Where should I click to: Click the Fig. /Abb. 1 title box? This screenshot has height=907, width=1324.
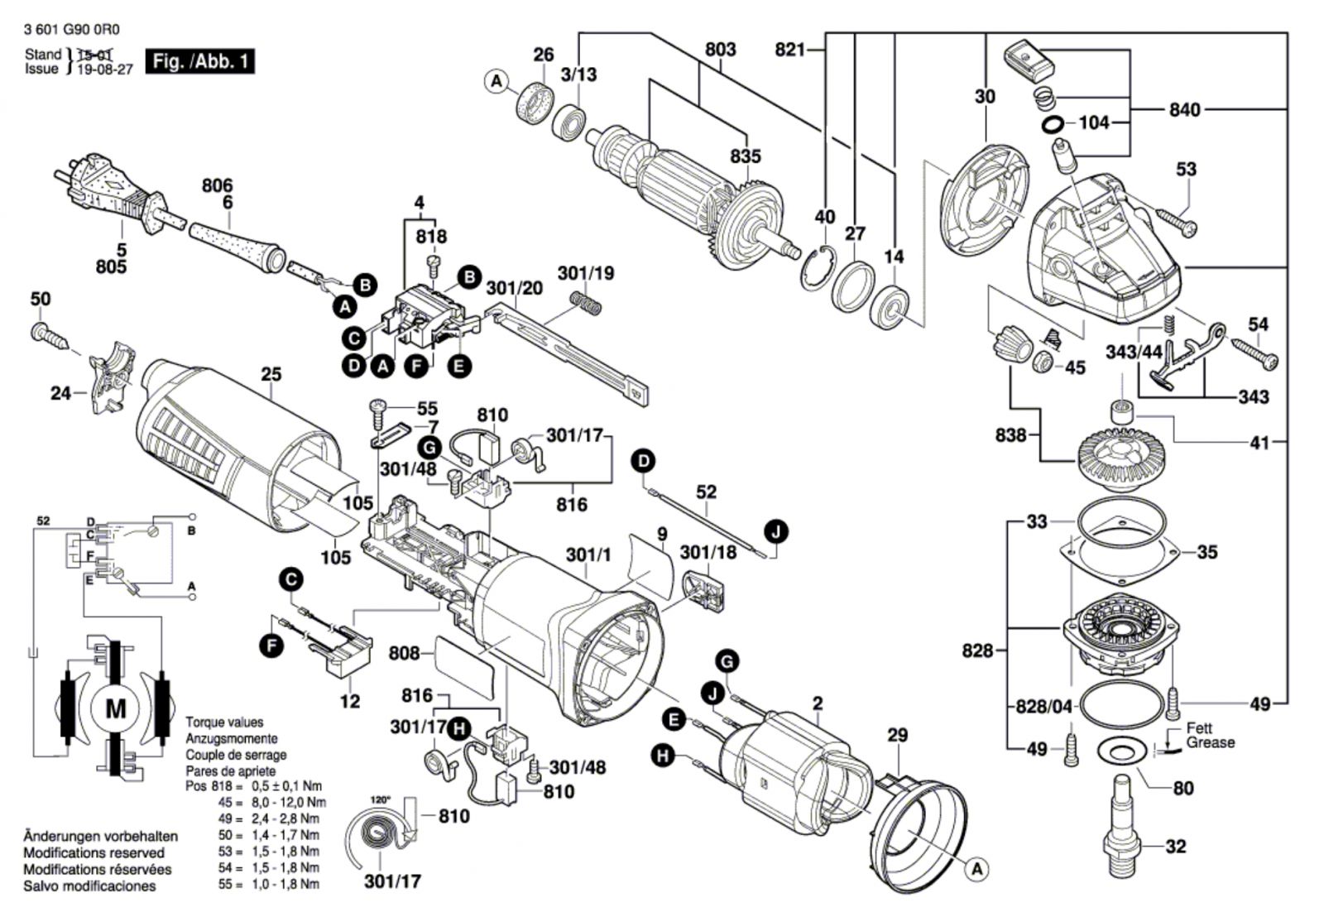click(x=199, y=61)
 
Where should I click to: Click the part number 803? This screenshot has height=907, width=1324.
click(x=720, y=50)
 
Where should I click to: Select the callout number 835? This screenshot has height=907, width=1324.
click(x=745, y=156)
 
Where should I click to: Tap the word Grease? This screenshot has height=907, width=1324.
click(x=1210, y=743)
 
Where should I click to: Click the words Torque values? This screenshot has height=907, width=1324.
click(x=224, y=722)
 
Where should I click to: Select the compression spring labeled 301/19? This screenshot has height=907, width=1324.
click(x=586, y=302)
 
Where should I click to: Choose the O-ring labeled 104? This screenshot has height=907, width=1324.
click(x=1053, y=124)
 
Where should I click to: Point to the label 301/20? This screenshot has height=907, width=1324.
click(x=514, y=288)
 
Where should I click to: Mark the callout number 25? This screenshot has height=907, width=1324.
click(x=271, y=374)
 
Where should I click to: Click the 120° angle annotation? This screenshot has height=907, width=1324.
click(x=380, y=800)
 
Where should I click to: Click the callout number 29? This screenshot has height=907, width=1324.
click(x=897, y=735)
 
